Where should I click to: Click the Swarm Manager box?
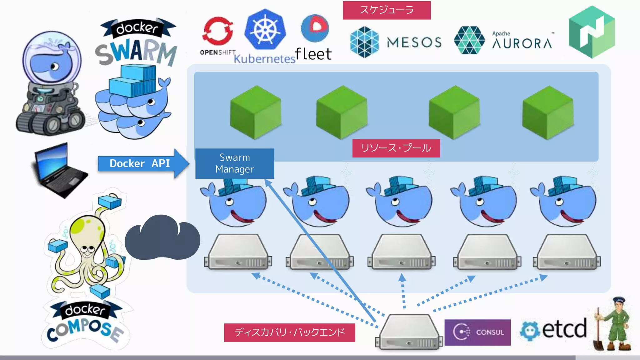235,163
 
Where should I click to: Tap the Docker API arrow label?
140,163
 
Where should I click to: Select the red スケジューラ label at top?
387,10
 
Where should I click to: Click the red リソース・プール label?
396,148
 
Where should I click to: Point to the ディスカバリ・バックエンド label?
289,332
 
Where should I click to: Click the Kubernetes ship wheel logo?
265,30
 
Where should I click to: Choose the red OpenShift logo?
218,31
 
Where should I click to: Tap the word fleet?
313,54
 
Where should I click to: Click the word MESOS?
414,42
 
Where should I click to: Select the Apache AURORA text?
522,42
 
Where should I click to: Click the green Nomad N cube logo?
592,32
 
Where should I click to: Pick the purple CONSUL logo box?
477,332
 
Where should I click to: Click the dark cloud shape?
162,239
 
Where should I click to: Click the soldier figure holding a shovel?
614,325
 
